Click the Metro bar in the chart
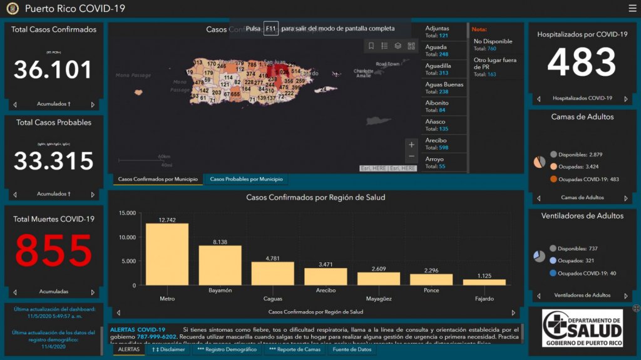tap(167, 254)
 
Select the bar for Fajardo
tap(484, 282)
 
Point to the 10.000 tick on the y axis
tap(128, 237)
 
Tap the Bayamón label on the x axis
tap(220, 291)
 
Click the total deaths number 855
tap(54, 251)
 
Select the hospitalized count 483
tap(582, 63)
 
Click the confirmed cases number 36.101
tap(54, 69)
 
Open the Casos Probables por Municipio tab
tap(246, 180)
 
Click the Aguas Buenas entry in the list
tap(444, 88)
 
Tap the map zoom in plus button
tap(411, 145)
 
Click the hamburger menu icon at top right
tap(632, 8)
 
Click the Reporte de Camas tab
tap(294, 349)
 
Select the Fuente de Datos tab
tap(352, 349)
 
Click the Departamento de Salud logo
tap(582, 327)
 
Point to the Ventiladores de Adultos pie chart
tap(539, 257)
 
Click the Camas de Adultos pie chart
tap(539, 162)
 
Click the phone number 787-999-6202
tap(156, 337)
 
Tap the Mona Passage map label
tap(133, 75)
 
